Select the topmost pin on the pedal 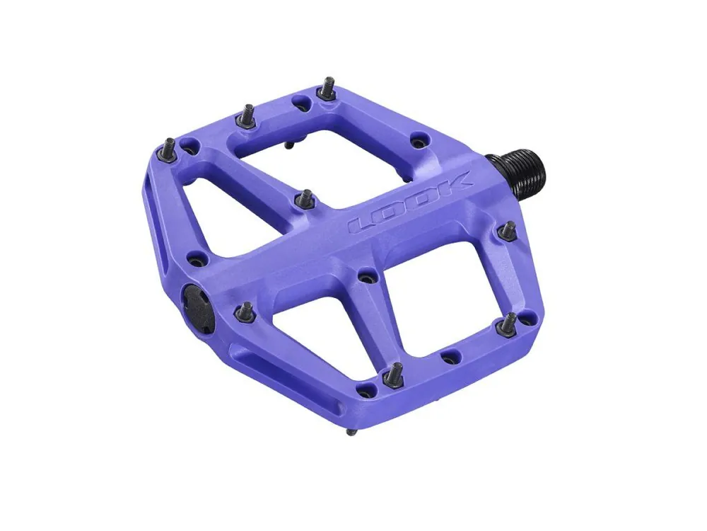(327, 89)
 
